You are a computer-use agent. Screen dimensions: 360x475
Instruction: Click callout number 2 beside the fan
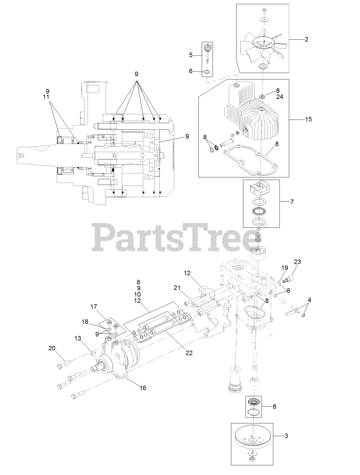[x=306, y=39]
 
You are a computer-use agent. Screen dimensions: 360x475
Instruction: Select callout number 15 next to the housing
[x=308, y=119]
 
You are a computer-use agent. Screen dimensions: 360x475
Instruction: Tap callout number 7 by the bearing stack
[x=292, y=202]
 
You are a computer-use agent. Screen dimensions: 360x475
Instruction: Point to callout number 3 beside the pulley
[x=286, y=436]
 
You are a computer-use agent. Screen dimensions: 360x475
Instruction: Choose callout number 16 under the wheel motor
[x=143, y=388]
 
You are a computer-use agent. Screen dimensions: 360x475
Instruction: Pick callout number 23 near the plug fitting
[x=298, y=262]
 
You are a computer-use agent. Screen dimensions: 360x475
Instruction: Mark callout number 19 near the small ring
[x=285, y=268]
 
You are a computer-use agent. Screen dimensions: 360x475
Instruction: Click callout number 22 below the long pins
[x=189, y=353]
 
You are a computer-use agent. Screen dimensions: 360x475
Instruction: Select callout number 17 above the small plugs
[x=93, y=307]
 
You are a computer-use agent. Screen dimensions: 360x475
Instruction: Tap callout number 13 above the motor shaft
[x=77, y=338]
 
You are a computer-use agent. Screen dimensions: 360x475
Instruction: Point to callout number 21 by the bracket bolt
[x=177, y=288]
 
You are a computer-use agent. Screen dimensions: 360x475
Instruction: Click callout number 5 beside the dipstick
[x=191, y=55]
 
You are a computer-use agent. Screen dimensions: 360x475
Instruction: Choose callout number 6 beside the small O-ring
[x=191, y=71]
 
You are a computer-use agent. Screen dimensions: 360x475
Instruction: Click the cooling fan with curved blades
[x=262, y=46]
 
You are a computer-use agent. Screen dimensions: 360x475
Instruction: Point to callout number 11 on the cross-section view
[x=47, y=97]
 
